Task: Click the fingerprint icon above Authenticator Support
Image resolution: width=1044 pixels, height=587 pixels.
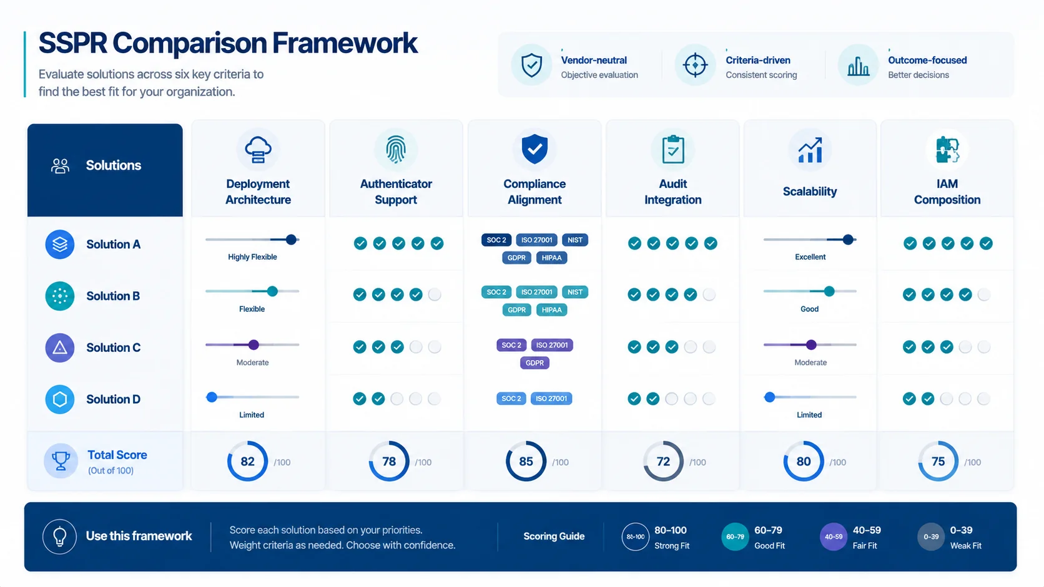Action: pos(396,150)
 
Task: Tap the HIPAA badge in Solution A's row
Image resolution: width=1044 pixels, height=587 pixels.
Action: pos(551,258)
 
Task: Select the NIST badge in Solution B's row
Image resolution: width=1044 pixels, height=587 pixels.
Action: pos(574,293)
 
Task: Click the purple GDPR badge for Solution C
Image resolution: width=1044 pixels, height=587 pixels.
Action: pos(534,363)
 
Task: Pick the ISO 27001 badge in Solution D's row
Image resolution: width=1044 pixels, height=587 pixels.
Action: pos(551,399)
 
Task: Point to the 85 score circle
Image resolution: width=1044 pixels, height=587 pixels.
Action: pos(526,462)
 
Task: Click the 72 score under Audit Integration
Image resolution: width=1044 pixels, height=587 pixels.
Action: pos(663,462)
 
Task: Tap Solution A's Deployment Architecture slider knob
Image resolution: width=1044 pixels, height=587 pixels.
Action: pos(291,240)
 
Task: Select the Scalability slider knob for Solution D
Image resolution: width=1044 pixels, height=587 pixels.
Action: pos(769,397)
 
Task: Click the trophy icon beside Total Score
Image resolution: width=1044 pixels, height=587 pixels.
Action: pos(61,461)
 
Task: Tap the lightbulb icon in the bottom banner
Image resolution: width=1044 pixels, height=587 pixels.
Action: pos(60,536)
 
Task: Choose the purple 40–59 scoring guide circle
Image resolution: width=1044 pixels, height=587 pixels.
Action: pos(834,536)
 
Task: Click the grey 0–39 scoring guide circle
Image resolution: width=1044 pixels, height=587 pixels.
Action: pos(931,536)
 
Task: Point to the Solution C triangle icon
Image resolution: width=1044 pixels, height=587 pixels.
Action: pos(60,347)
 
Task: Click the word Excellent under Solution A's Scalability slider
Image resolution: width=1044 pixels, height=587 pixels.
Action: pos(810,257)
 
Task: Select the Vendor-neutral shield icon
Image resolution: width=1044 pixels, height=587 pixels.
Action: pos(531,65)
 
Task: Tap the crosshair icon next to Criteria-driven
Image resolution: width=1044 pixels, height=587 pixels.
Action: pos(695,65)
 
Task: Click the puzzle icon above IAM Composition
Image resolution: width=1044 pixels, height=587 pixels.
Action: pos(947,150)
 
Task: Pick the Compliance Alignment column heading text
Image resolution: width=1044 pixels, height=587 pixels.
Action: pos(534,192)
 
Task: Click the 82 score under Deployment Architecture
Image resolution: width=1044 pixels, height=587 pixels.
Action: pos(247,462)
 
